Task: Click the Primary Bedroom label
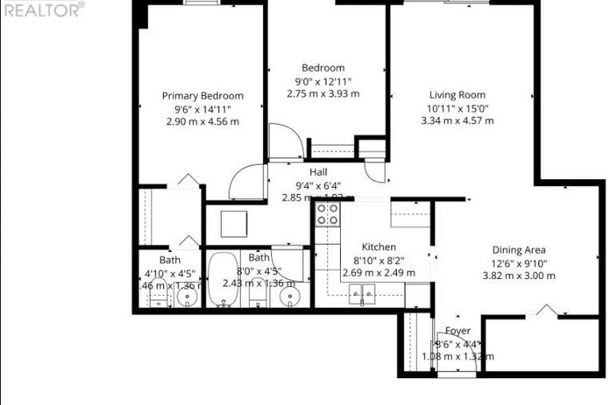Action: (202, 96)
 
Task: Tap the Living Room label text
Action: (457, 95)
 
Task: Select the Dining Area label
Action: (518, 250)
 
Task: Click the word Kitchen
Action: (378, 247)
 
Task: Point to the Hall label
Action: (319, 172)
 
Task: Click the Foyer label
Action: (457, 330)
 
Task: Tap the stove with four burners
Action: (327, 213)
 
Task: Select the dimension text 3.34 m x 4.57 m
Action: (457, 120)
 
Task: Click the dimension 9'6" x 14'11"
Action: (202, 109)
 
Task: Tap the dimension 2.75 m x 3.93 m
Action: (323, 94)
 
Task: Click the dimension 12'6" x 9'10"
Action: (518, 263)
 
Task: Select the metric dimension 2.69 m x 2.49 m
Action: (378, 273)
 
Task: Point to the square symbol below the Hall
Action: (236, 225)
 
